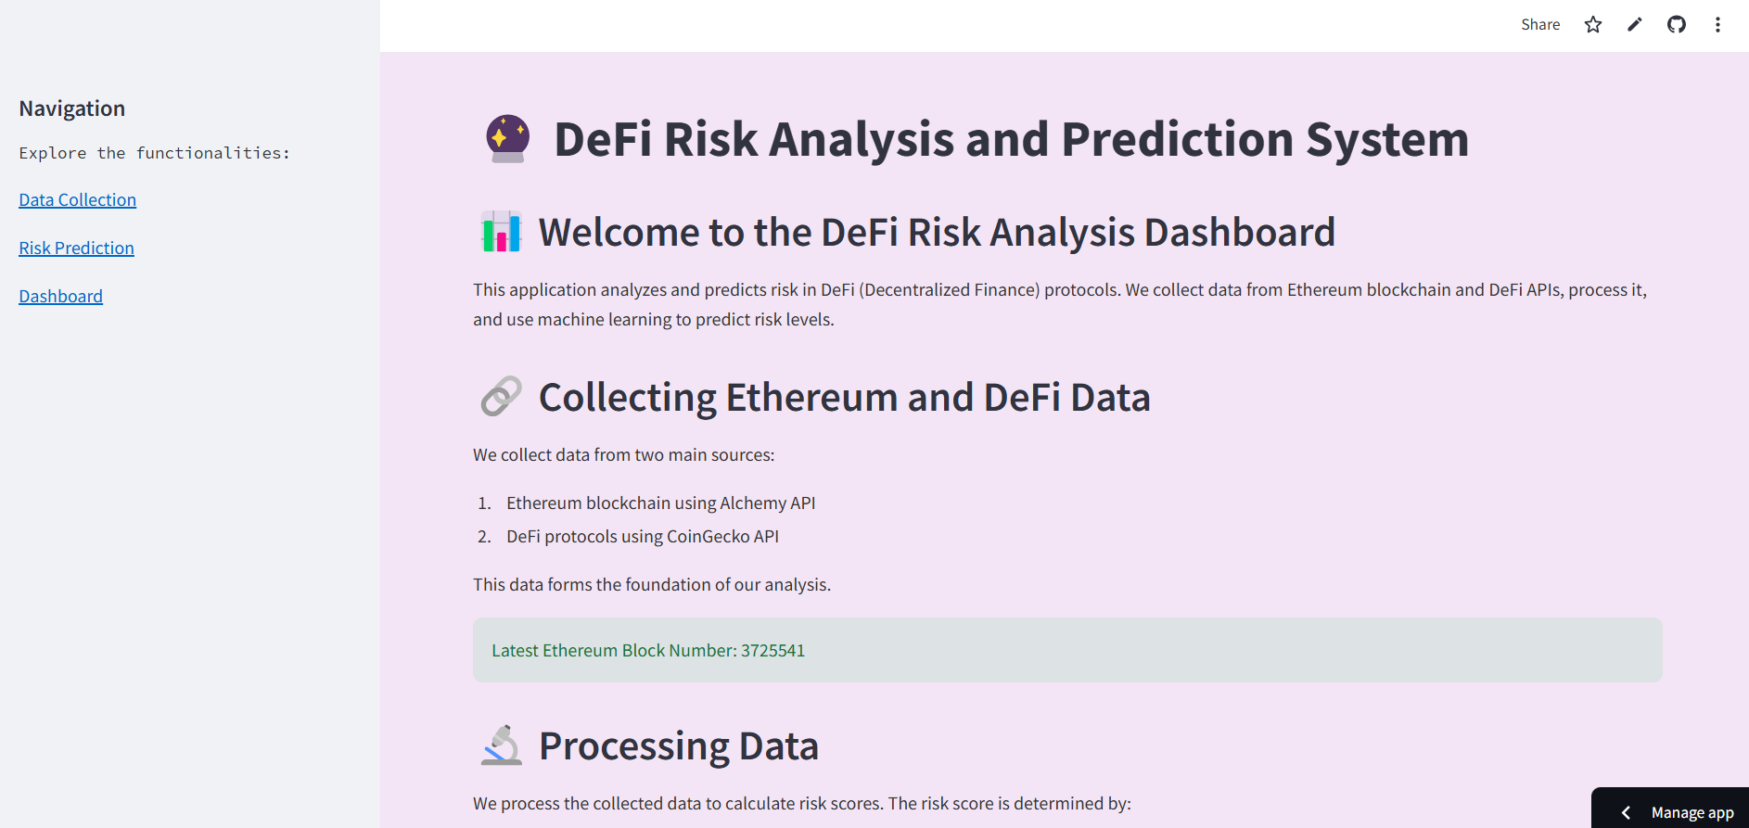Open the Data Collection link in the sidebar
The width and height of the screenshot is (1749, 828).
pos(78,200)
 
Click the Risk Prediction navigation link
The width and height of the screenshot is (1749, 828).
pos(77,248)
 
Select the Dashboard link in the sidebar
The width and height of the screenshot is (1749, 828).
pos(61,297)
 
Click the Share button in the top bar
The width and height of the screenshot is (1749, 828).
pos(1540,25)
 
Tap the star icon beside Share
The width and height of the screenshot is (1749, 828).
pos(1593,25)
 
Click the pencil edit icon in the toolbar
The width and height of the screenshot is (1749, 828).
pos(1635,25)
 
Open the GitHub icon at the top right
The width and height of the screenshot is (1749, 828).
pos(1677,25)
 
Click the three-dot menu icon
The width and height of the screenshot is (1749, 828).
pos(1717,25)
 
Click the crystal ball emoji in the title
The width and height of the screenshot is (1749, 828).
pos(508,139)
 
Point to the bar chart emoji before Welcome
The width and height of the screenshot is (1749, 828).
pos(502,232)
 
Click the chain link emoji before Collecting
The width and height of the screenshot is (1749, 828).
pos(502,396)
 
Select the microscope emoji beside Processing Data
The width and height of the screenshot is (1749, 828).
pos(502,745)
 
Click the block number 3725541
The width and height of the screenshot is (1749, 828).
pos(772,651)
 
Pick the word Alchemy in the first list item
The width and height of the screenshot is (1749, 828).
pos(753,503)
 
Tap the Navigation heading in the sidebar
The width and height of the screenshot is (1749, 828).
pos(72,108)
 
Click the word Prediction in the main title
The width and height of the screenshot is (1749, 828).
pos(1177,139)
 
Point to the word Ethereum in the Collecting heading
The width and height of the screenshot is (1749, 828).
pos(811,398)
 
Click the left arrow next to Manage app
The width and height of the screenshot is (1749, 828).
pos(1626,813)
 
